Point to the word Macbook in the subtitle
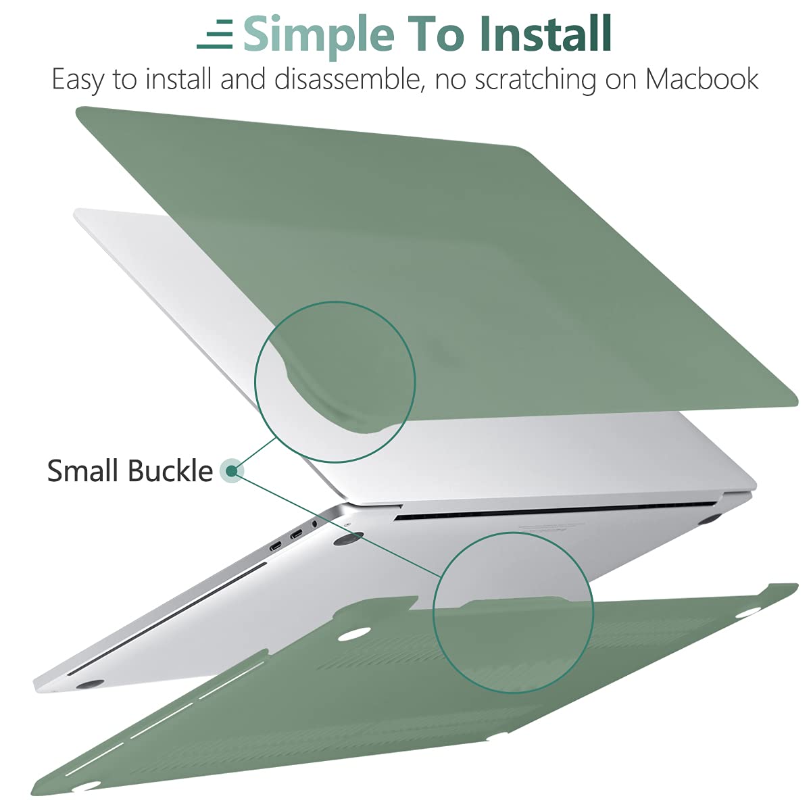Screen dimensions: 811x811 tap(702, 80)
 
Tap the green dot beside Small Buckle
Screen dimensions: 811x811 tap(232, 471)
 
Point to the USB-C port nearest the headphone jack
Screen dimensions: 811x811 tap(296, 537)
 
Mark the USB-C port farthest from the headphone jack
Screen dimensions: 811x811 tap(276, 546)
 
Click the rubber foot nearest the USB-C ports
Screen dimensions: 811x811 tap(347, 538)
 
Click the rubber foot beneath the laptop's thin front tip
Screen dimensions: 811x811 tap(90, 685)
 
